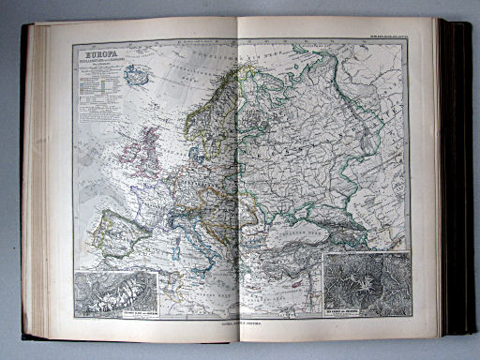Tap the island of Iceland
138,76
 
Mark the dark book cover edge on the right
459,178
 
